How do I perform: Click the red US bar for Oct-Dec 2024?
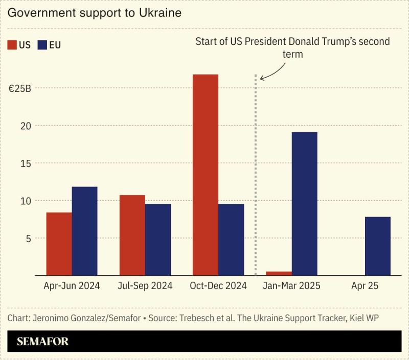(205, 175)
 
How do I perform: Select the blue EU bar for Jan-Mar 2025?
(304, 204)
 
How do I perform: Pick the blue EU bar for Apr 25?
(377, 246)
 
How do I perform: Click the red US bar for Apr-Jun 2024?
(59, 244)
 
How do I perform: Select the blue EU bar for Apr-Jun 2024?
(84, 231)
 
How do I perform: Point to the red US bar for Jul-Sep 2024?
(132, 235)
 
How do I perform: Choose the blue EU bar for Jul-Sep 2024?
(158, 239)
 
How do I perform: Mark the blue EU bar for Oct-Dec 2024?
(231, 239)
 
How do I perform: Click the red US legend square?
(12, 45)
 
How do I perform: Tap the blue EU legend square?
(43, 45)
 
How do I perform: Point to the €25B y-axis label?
(20, 88)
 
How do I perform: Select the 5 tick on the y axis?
(28, 238)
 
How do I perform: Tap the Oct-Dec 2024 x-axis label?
(218, 286)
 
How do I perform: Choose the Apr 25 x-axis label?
(365, 286)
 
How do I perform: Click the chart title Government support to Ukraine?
(95, 13)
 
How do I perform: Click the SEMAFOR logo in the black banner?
(42, 342)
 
